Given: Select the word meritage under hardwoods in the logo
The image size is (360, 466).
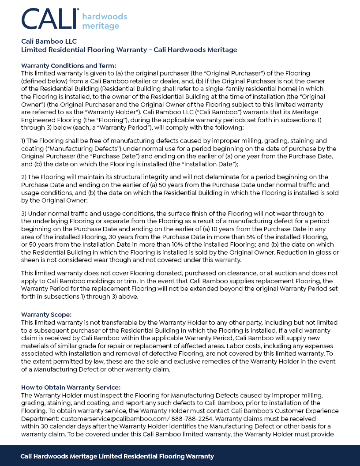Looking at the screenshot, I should pyautogui.click(x=101, y=26).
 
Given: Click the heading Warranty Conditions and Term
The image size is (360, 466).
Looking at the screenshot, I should pyautogui.click(x=68, y=65).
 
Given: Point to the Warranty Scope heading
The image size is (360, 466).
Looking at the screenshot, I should pyautogui.click(x=46, y=315).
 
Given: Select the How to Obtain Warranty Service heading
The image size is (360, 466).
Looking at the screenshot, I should pyautogui.click(x=71, y=387).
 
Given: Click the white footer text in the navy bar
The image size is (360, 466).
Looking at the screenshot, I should pyautogui.click(x=117, y=456).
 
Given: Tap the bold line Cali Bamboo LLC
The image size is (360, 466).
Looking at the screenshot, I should pyautogui.click(x=49, y=41).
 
